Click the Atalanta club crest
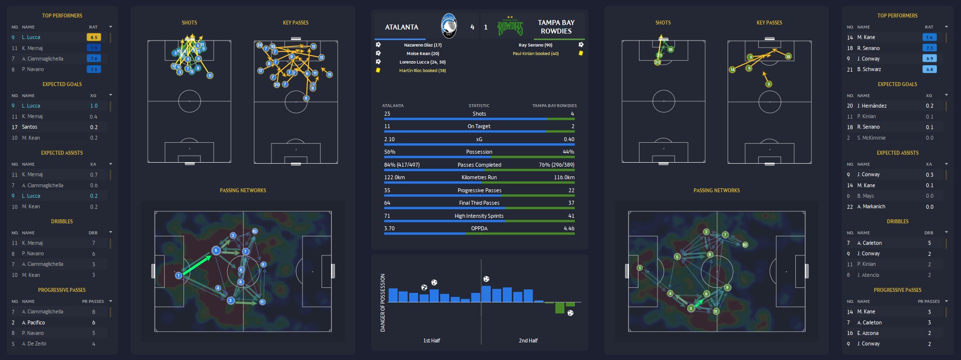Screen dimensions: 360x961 (x=449, y=26)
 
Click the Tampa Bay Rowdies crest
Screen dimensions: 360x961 (x=510, y=27)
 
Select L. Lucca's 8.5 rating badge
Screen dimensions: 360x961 (x=94, y=37)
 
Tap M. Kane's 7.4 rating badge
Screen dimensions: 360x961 (x=929, y=37)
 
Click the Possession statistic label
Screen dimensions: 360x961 (x=479, y=152)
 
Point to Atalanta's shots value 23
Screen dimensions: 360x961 (x=387, y=114)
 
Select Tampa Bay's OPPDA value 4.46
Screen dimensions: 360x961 (x=569, y=228)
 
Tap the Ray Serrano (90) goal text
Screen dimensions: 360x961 (x=535, y=45)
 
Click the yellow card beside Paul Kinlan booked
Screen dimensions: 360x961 (x=581, y=53)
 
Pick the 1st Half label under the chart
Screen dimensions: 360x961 (x=432, y=340)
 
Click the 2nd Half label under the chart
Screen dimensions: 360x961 (x=528, y=340)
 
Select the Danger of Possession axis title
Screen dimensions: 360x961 (x=383, y=302)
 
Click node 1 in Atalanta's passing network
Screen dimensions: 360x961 (x=178, y=275)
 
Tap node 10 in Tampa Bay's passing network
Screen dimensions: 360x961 (x=745, y=245)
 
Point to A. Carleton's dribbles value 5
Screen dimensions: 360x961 (x=929, y=243)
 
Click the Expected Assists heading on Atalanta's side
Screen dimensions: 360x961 (x=62, y=153)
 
